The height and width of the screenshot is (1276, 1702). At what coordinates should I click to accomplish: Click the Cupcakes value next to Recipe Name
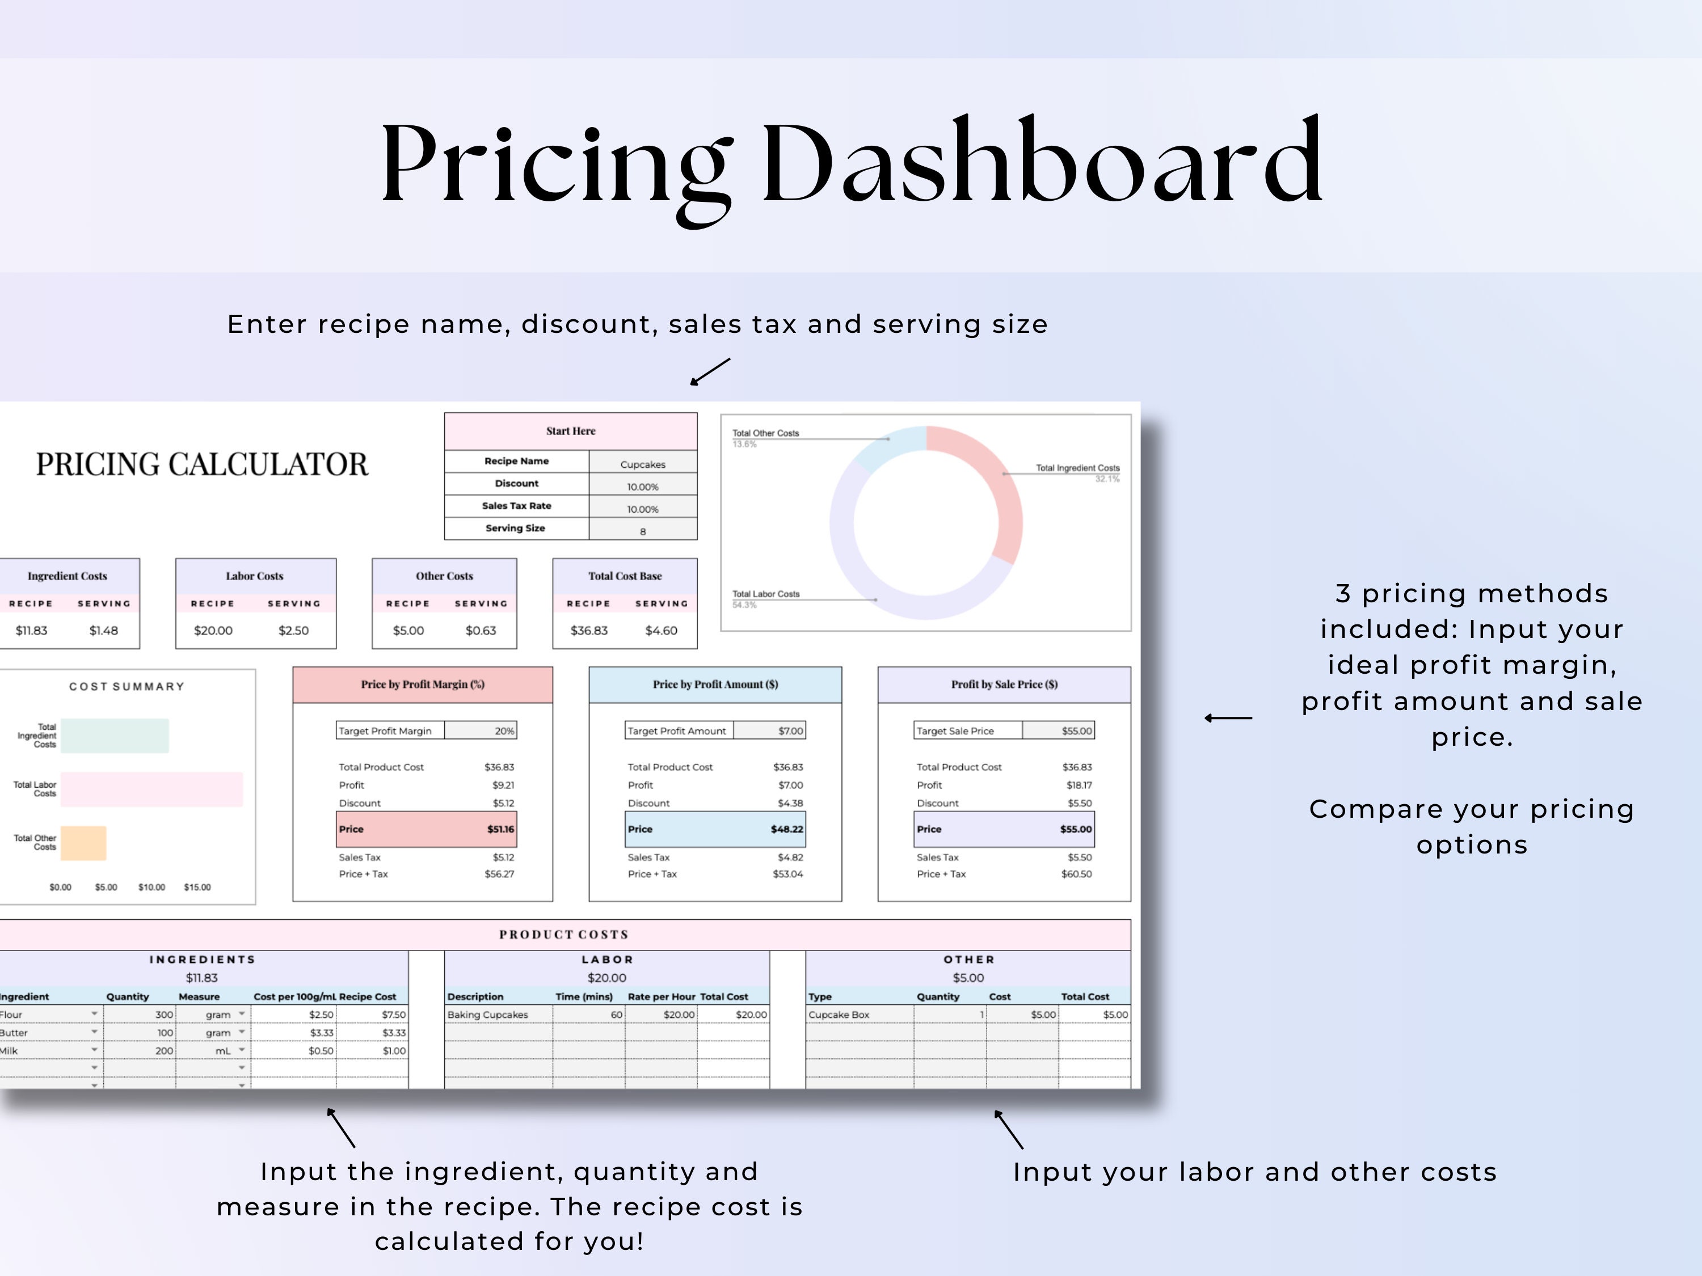[642, 464]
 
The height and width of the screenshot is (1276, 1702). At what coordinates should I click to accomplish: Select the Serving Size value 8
[642, 531]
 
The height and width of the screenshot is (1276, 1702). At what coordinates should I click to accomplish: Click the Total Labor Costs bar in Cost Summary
[151, 789]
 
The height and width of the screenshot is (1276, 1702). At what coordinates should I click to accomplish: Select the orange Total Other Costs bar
[83, 843]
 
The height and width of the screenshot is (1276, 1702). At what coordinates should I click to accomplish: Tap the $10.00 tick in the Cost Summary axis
[151, 888]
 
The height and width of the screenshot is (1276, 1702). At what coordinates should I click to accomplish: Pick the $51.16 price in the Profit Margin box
[500, 829]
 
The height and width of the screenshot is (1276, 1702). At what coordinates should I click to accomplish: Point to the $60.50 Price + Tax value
[1076, 874]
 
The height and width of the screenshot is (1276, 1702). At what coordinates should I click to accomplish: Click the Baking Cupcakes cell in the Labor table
[488, 1015]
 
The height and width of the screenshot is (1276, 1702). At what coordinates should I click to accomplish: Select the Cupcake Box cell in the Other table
[839, 1015]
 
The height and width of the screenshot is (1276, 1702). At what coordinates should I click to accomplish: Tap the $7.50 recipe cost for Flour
[393, 1015]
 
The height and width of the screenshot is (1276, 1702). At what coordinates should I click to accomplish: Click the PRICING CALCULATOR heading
[201, 464]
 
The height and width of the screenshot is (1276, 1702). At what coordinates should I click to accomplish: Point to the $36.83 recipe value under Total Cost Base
[589, 631]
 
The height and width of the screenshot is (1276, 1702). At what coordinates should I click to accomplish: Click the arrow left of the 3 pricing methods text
[1228, 717]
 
